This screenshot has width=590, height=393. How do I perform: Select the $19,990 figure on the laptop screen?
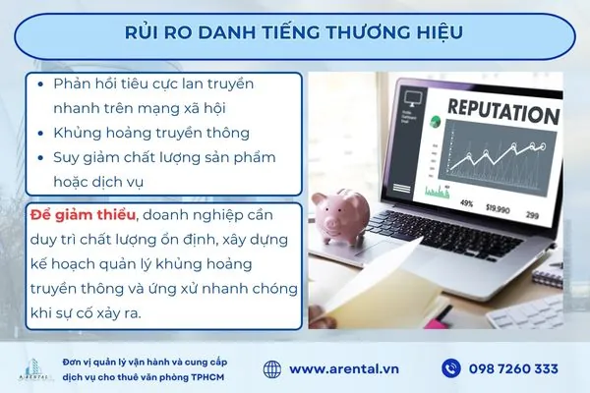[498, 208]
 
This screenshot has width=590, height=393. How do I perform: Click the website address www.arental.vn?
[343, 368]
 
